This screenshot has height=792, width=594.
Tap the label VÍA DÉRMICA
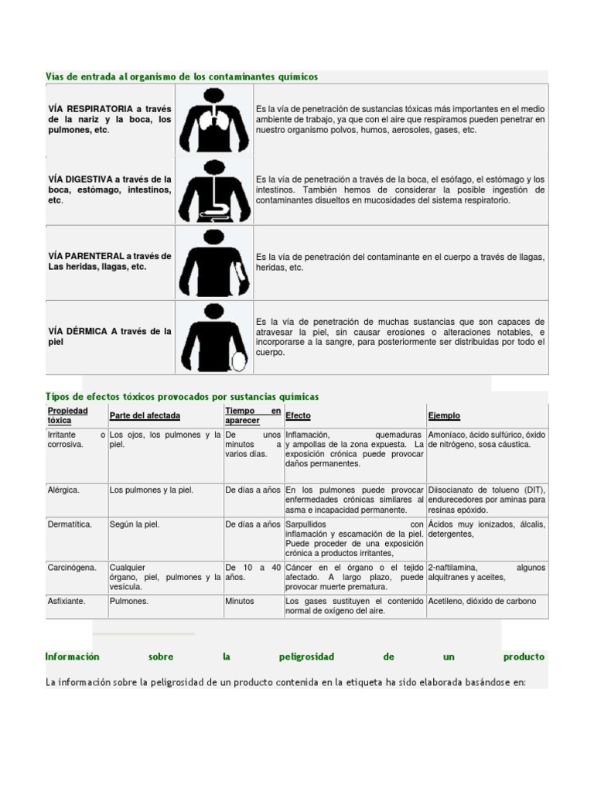(78, 331)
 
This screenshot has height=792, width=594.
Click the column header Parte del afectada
(145, 415)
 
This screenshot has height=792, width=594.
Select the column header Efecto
(298, 415)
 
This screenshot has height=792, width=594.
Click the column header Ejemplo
(444, 415)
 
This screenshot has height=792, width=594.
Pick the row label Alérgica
(63, 490)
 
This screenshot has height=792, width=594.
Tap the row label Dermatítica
(70, 524)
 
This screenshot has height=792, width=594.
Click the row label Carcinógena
(72, 568)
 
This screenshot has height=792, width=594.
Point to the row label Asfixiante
(67, 601)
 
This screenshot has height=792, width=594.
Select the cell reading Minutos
(240, 601)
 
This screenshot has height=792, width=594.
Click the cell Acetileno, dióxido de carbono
(482, 601)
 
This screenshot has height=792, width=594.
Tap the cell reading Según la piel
(135, 524)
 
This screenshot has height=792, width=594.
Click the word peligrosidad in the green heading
(306, 657)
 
